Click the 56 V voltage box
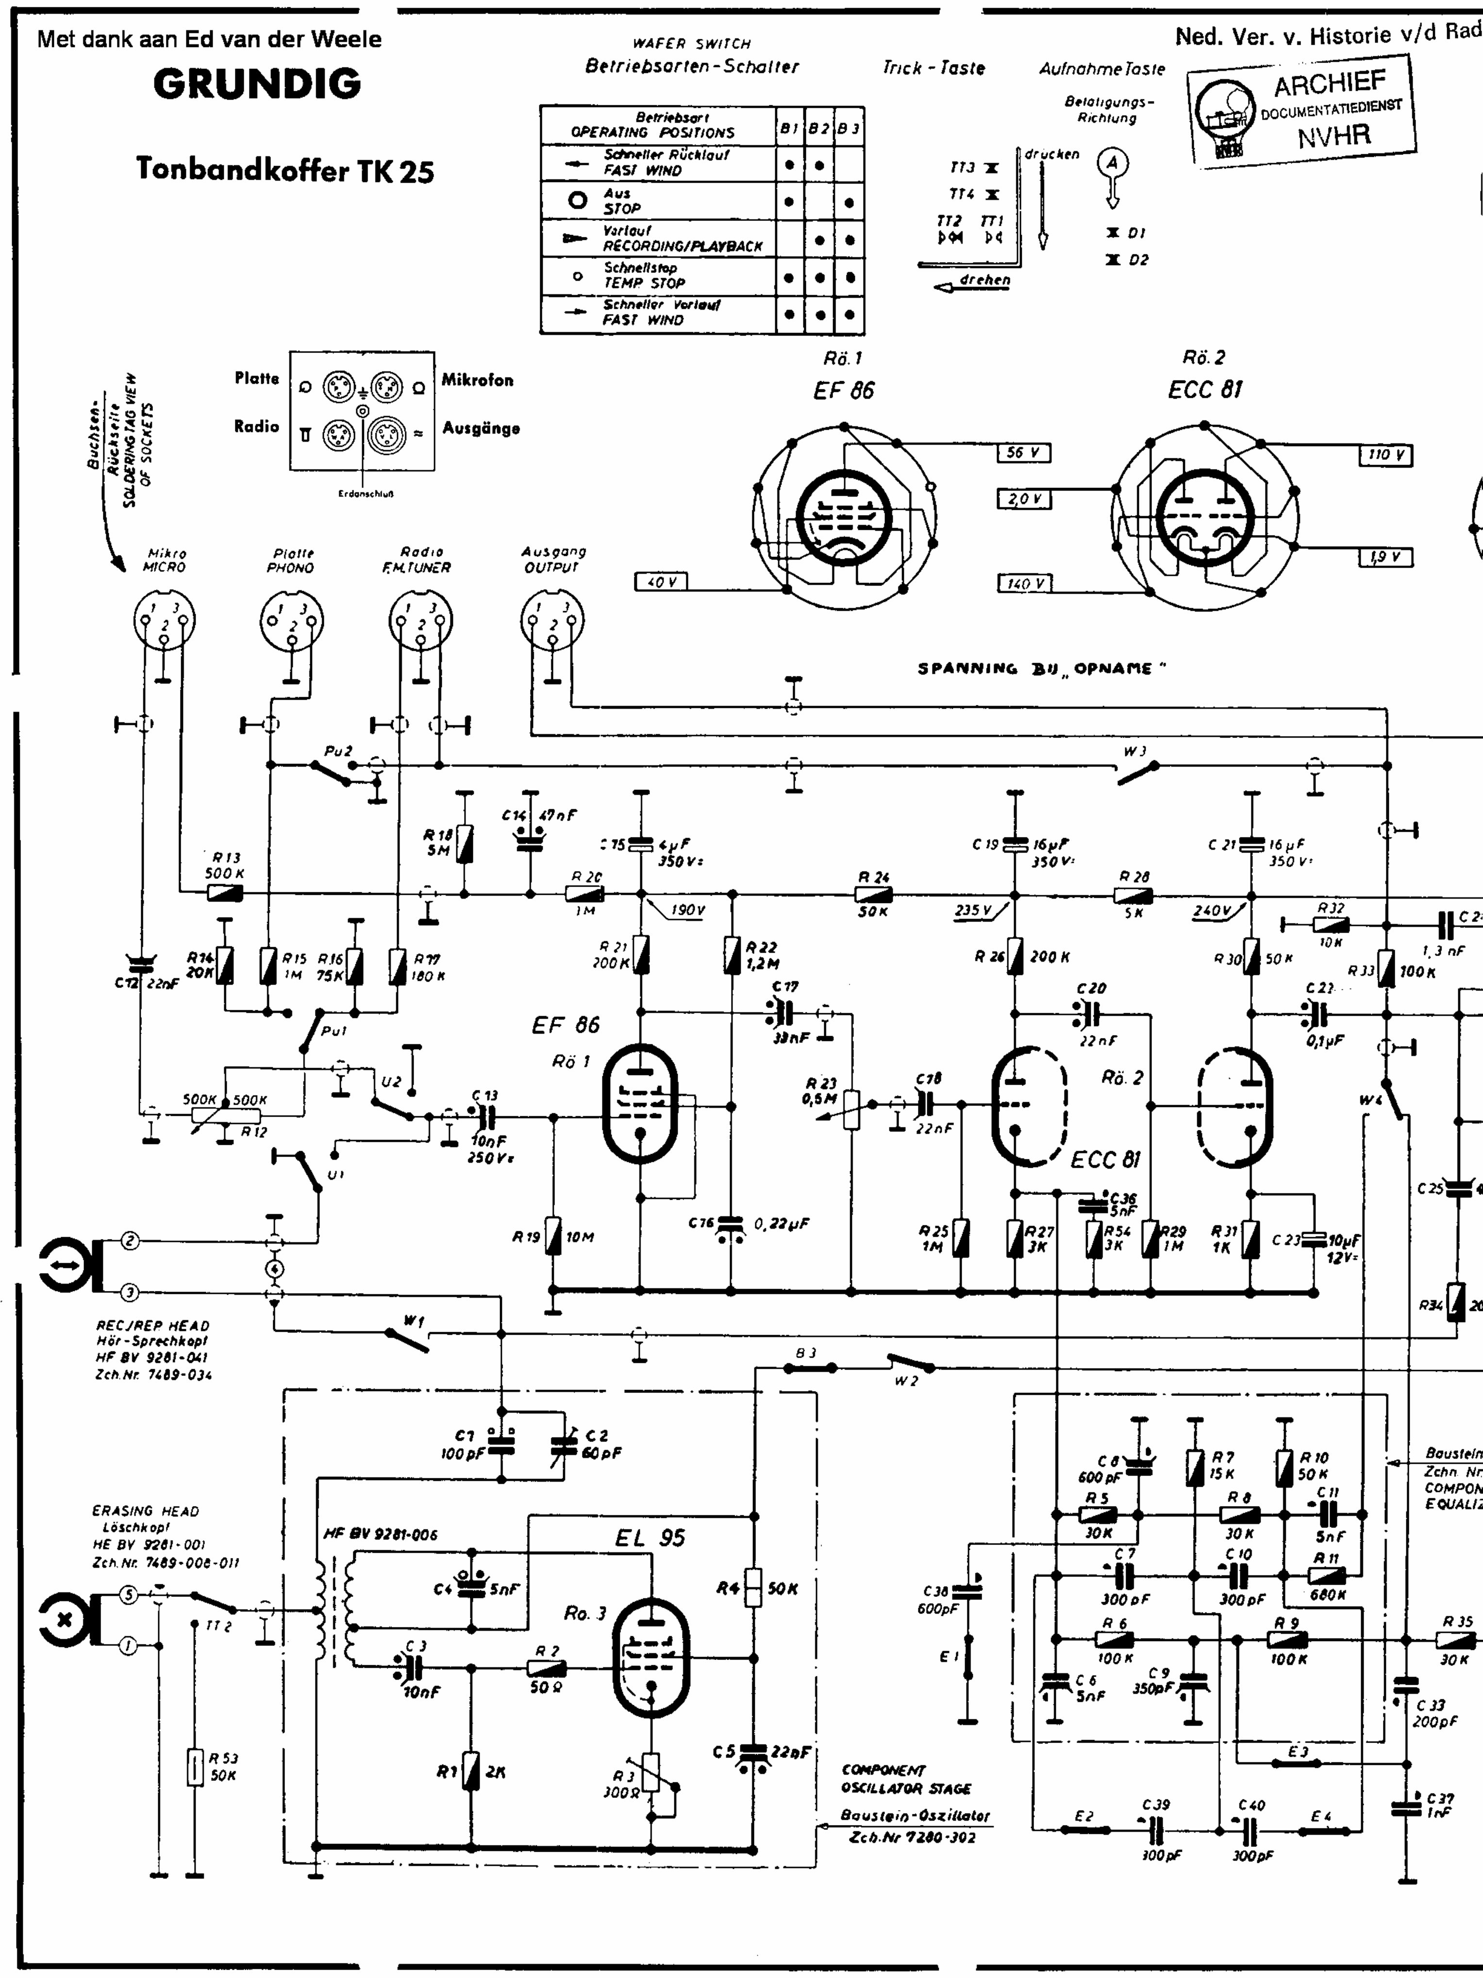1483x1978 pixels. tap(1023, 453)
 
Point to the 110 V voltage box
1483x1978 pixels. tap(1385, 455)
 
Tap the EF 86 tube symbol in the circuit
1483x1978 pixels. tap(640, 1105)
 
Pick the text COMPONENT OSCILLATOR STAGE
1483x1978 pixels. tap(905, 1779)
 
